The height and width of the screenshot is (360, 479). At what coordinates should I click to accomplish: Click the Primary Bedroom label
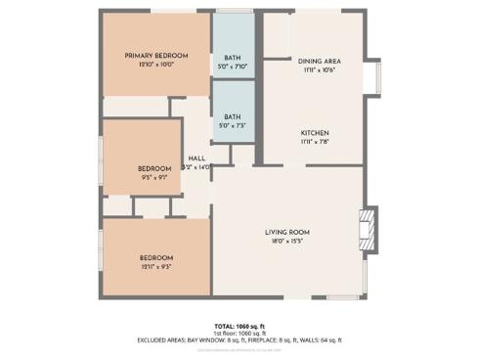(x=155, y=56)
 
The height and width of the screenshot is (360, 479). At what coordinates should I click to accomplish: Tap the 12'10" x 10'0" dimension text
(x=155, y=65)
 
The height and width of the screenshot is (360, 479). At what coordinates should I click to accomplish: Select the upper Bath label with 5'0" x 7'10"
(x=233, y=58)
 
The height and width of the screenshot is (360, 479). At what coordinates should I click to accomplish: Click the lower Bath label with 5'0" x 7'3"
(x=233, y=117)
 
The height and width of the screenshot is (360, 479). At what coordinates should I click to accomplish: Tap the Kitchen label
(x=315, y=133)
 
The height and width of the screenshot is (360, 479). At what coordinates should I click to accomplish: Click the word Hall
(x=196, y=158)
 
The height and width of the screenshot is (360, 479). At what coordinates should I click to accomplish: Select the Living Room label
(x=286, y=232)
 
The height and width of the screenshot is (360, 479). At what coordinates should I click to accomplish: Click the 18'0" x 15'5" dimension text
(x=286, y=241)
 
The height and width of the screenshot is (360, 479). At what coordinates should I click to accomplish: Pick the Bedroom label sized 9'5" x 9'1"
(x=154, y=168)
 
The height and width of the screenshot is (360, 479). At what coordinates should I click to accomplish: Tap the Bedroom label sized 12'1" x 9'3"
(x=154, y=258)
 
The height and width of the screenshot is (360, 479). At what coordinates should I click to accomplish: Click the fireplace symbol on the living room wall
(x=368, y=228)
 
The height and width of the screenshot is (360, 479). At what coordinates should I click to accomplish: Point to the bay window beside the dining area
(x=372, y=76)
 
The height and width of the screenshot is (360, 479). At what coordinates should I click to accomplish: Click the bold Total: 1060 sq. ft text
(x=239, y=326)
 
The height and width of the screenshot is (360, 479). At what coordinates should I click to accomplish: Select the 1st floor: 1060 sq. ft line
(x=239, y=333)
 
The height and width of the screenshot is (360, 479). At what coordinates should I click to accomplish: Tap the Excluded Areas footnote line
(x=239, y=340)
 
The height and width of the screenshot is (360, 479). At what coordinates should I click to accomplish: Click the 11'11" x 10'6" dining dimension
(x=318, y=70)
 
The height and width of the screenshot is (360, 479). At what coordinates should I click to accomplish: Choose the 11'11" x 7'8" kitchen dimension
(x=315, y=142)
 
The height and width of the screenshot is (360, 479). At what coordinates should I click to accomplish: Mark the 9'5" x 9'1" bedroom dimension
(x=154, y=177)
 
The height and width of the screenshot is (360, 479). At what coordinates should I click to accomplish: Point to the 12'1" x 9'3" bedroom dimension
(x=154, y=267)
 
